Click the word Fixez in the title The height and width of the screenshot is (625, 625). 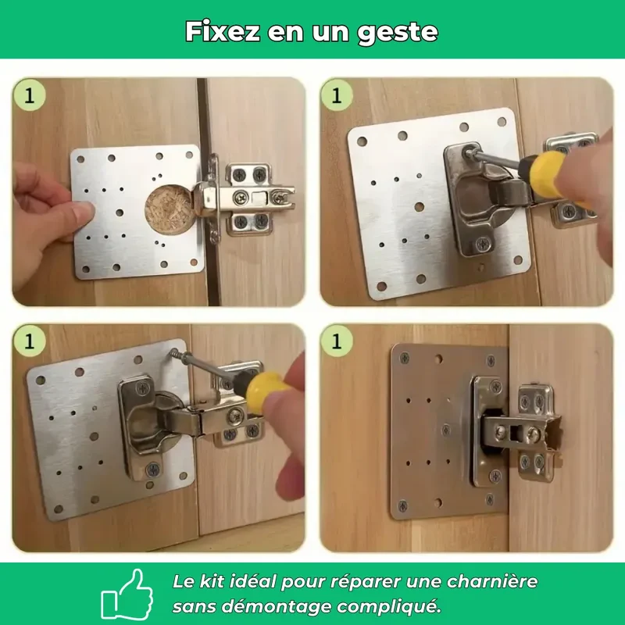click(x=223, y=31)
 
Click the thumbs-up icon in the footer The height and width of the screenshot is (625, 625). click(x=127, y=594)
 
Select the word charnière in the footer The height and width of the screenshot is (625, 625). click(x=492, y=581)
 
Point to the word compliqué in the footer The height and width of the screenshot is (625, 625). click(x=388, y=608)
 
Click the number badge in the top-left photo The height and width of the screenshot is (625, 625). click(x=29, y=95)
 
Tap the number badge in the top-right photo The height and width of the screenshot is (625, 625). click(x=337, y=95)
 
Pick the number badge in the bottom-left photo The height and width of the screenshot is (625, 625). click(x=29, y=341)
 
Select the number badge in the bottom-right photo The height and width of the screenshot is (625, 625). click(x=337, y=341)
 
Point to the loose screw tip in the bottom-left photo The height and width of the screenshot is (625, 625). click(x=173, y=352)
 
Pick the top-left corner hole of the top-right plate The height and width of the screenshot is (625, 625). click(x=362, y=141)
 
